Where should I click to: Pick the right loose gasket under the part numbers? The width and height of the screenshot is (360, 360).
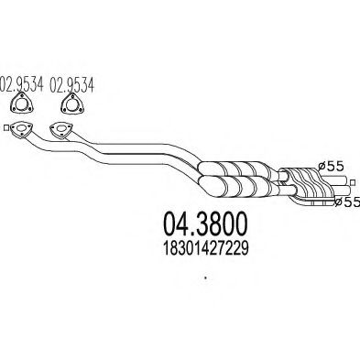(x=64, y=106)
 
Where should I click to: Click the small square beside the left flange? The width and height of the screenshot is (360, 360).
(x=6, y=128)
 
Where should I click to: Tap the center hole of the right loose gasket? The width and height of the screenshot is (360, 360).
(x=64, y=107)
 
